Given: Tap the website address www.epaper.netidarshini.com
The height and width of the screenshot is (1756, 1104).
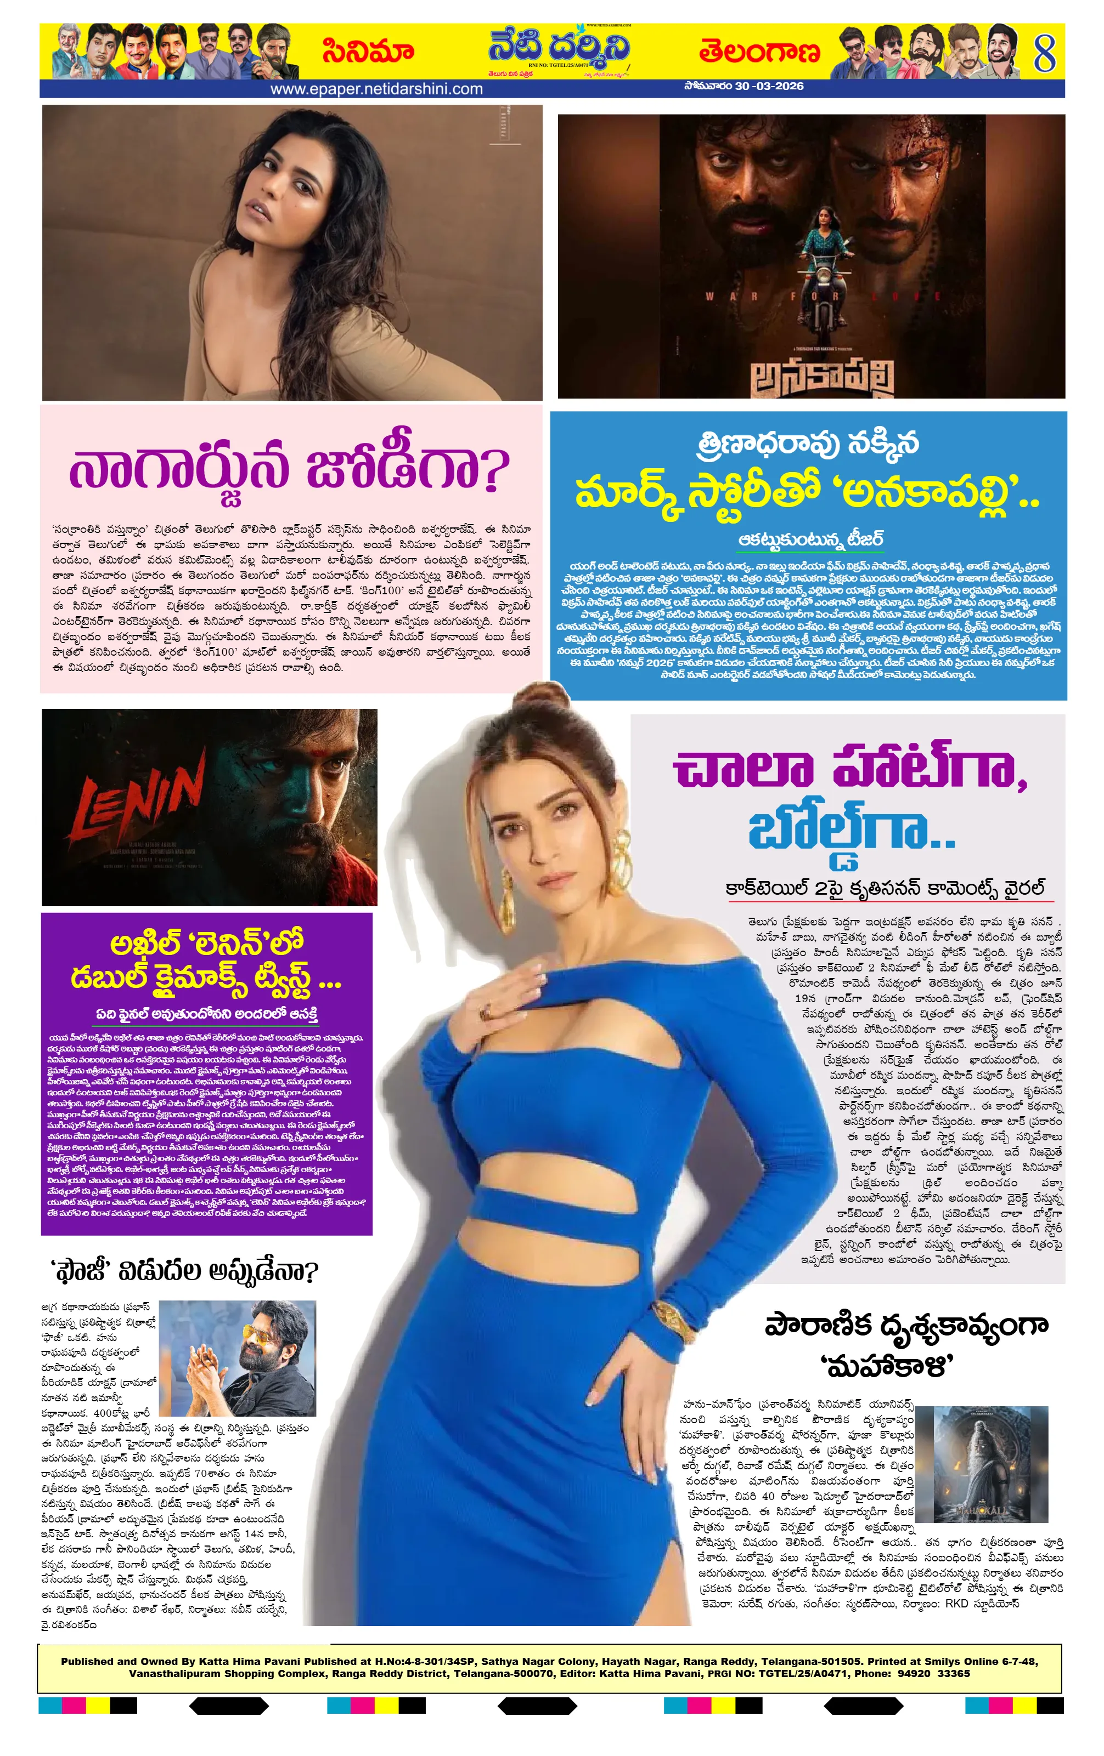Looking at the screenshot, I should (x=376, y=89).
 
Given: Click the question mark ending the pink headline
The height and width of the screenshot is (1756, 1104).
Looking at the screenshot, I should (x=495, y=470).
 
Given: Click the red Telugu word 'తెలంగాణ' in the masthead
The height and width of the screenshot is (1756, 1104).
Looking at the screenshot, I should (x=759, y=52).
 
